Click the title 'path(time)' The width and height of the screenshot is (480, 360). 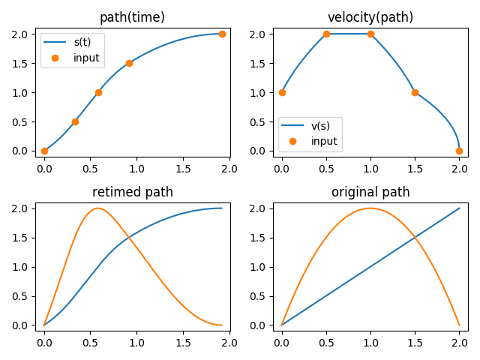(x=132, y=17)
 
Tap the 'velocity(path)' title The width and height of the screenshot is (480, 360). (x=370, y=17)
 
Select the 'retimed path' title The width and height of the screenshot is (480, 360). (x=132, y=192)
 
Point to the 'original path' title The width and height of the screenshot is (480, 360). (x=370, y=192)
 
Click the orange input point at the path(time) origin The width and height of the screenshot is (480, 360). (x=44, y=151)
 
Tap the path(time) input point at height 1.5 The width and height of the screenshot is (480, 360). (x=129, y=63)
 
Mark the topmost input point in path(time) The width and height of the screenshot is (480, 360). (x=222, y=34)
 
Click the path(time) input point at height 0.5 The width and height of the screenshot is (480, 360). (x=75, y=121)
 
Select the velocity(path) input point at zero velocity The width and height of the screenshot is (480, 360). (x=459, y=151)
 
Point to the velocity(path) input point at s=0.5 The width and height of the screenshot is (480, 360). (x=326, y=34)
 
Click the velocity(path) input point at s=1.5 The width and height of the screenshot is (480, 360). (x=415, y=92)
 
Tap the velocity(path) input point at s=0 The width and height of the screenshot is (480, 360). (x=282, y=92)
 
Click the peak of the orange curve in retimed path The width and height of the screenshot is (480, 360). (x=98, y=208)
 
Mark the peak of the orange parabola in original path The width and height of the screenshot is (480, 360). (x=370, y=208)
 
